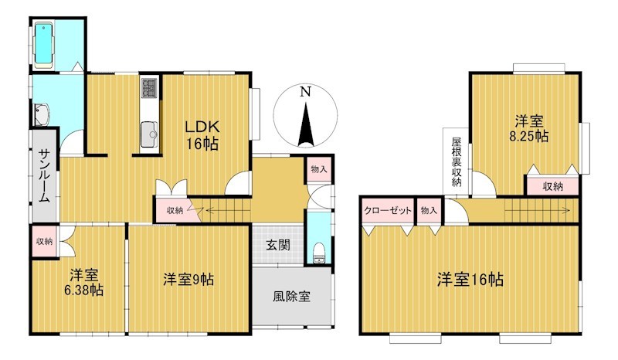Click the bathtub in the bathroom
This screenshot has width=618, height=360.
[44, 46]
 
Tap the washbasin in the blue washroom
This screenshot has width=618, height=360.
[42, 115]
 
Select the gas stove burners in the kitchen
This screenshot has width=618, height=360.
[149, 88]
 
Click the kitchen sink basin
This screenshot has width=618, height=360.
[149, 134]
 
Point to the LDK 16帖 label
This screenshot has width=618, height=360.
[202, 135]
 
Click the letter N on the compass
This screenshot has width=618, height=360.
[305, 91]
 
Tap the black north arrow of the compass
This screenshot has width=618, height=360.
[306, 124]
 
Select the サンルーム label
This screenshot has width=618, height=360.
[44, 175]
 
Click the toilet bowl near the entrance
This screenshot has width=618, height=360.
[318, 253]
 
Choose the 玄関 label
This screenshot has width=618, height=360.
[278, 245]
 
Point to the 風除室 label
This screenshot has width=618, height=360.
[292, 296]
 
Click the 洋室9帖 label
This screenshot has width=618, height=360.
[188, 280]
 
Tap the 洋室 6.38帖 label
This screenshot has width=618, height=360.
[84, 282]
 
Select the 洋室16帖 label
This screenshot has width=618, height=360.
[470, 280]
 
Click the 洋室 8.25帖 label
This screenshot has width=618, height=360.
[529, 128]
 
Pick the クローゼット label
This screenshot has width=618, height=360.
[388, 211]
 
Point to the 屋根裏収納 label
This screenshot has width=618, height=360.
[456, 161]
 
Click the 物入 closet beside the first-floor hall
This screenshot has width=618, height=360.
[319, 169]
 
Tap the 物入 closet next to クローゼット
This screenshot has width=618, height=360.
[429, 211]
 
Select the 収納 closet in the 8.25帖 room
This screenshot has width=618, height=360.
[553, 186]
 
